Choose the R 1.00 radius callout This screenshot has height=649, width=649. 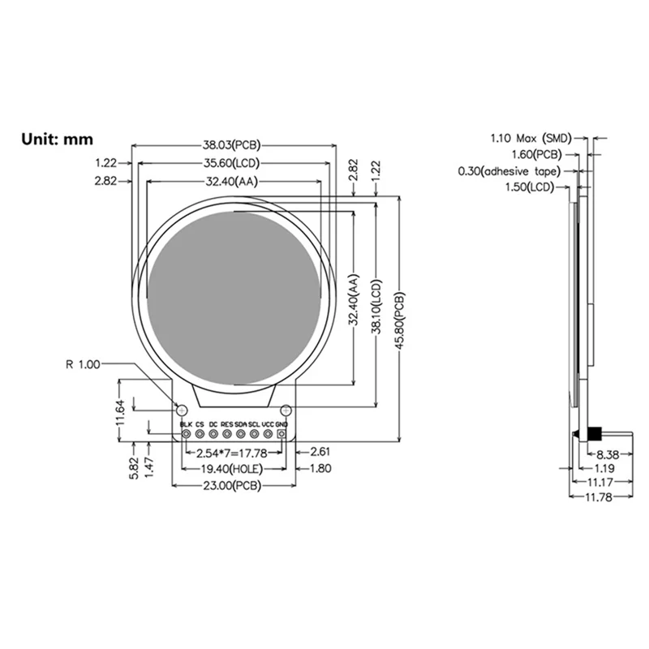(83, 365)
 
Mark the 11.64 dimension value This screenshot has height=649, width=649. (120, 412)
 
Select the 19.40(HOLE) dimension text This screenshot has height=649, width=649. (232, 469)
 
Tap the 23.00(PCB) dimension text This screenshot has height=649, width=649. (232, 486)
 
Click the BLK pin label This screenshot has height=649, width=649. (186, 424)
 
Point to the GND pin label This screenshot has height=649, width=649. (282, 424)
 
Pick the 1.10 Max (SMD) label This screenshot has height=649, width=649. (531, 137)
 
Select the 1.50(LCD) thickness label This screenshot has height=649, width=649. (536, 187)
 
